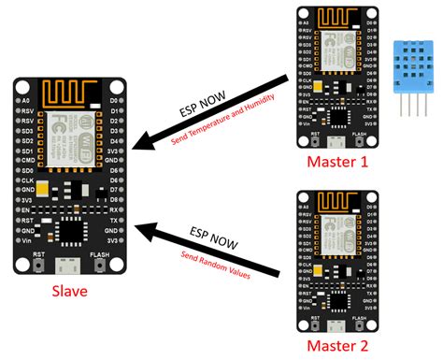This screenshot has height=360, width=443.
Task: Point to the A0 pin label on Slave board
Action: point(29,98)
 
